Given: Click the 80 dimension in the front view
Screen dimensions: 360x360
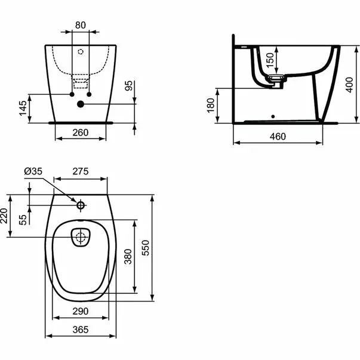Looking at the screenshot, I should pos(80,26).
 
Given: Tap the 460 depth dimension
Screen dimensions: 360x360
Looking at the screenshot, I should pos(277,136).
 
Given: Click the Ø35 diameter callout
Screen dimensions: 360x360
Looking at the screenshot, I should pos(33,172).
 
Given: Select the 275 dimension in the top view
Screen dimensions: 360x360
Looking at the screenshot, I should pos(81,171).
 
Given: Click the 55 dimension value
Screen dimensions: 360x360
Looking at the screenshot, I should pos(24,220).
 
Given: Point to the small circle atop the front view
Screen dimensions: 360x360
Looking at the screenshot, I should pos(80,51).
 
